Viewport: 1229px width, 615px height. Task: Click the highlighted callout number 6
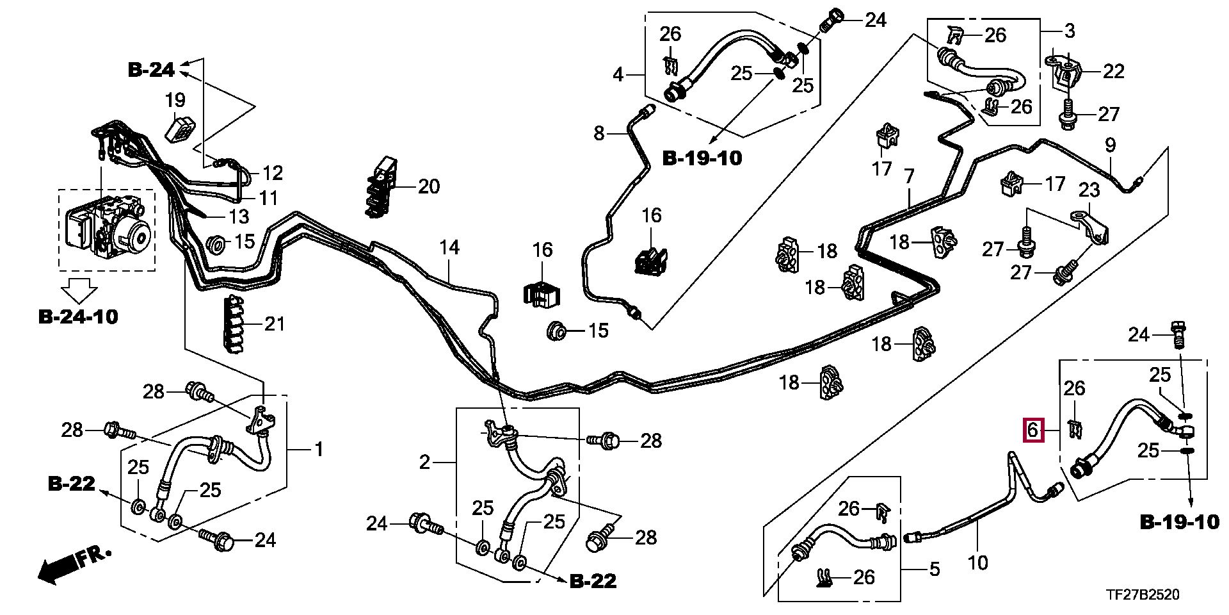(1032, 430)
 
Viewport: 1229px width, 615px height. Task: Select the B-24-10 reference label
(78, 316)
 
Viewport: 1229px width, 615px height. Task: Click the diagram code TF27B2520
(1143, 595)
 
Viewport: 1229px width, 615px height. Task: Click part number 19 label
(175, 100)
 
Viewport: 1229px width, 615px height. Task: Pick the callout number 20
(429, 186)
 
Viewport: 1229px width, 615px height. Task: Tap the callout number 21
(274, 324)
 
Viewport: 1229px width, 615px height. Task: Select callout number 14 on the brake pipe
(449, 247)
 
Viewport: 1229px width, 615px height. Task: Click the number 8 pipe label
(598, 133)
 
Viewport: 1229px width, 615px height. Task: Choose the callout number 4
(617, 75)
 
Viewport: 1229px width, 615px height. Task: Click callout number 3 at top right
(1070, 30)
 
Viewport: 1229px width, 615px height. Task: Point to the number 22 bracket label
(1114, 71)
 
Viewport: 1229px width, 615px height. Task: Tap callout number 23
(1089, 190)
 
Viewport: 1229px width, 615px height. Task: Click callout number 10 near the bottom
(977, 562)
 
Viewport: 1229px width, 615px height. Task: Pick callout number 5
(935, 568)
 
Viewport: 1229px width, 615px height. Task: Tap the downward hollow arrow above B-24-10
(78, 291)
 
